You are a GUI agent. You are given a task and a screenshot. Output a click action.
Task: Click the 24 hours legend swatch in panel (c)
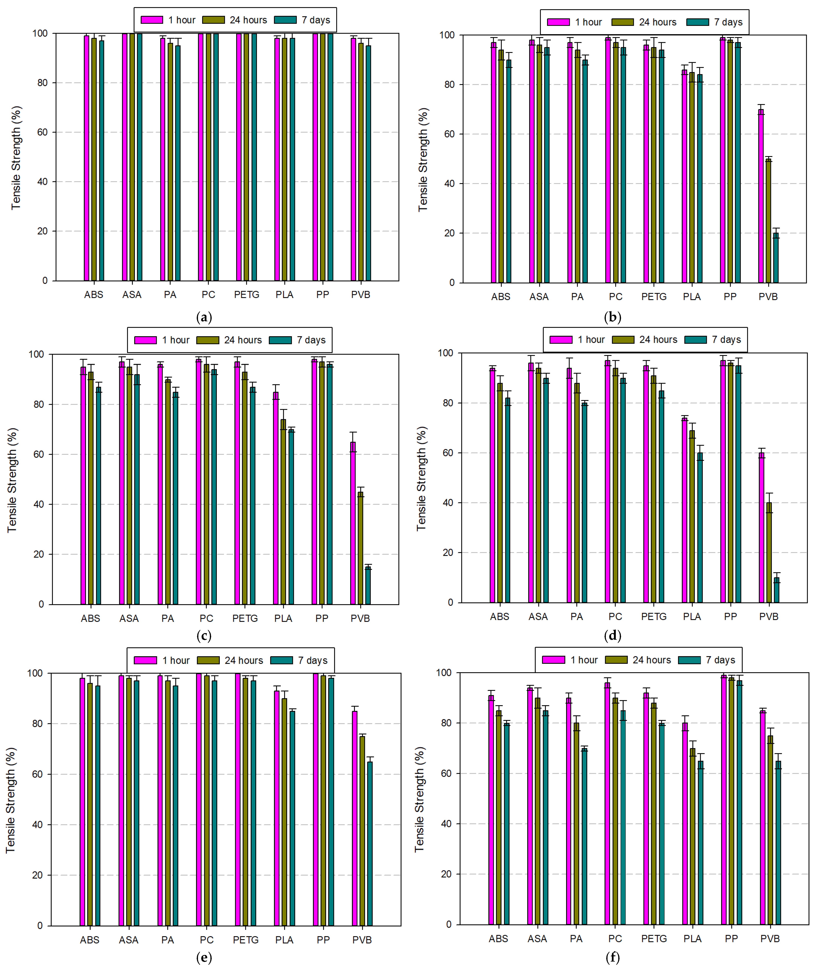pos(207,340)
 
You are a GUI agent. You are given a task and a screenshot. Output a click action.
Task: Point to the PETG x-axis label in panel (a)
pos(246,295)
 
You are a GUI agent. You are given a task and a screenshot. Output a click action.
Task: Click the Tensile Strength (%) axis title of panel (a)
pos(16,158)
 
